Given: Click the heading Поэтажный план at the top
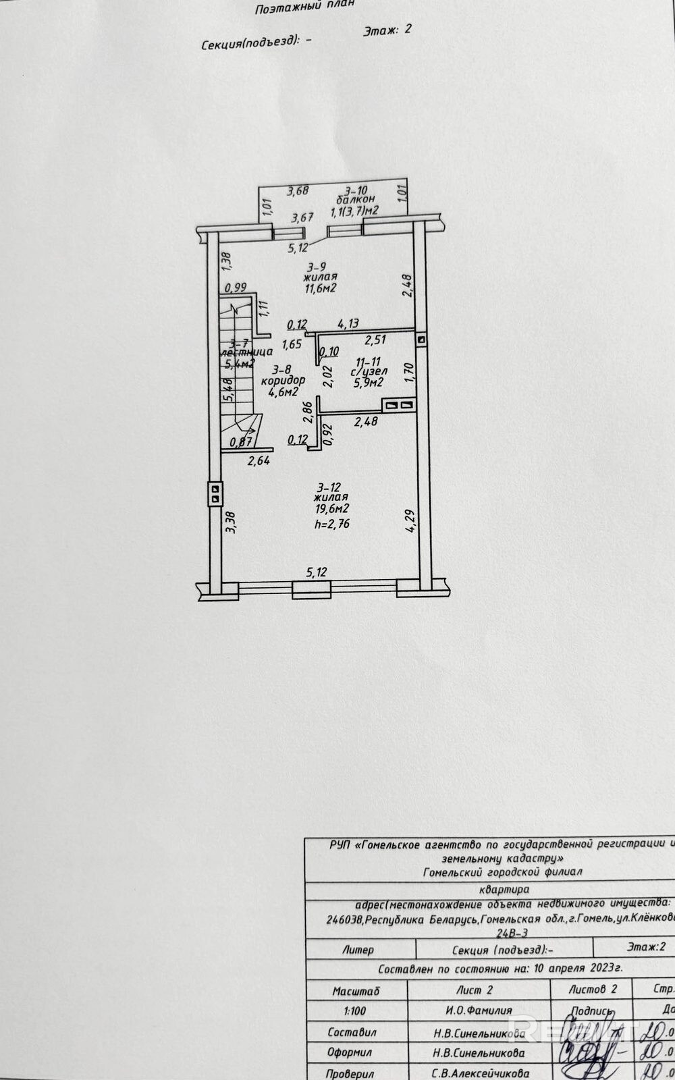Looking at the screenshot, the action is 304,7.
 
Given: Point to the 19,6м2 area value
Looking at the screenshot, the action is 332,509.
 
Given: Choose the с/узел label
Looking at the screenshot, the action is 369,371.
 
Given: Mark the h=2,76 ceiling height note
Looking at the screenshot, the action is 332,523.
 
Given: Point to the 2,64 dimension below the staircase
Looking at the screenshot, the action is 259,462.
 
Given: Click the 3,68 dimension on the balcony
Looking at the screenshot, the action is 298,191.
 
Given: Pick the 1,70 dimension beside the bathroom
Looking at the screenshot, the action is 408,373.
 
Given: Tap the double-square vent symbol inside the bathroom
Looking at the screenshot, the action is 398,405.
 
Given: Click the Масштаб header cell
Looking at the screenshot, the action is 356,991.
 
